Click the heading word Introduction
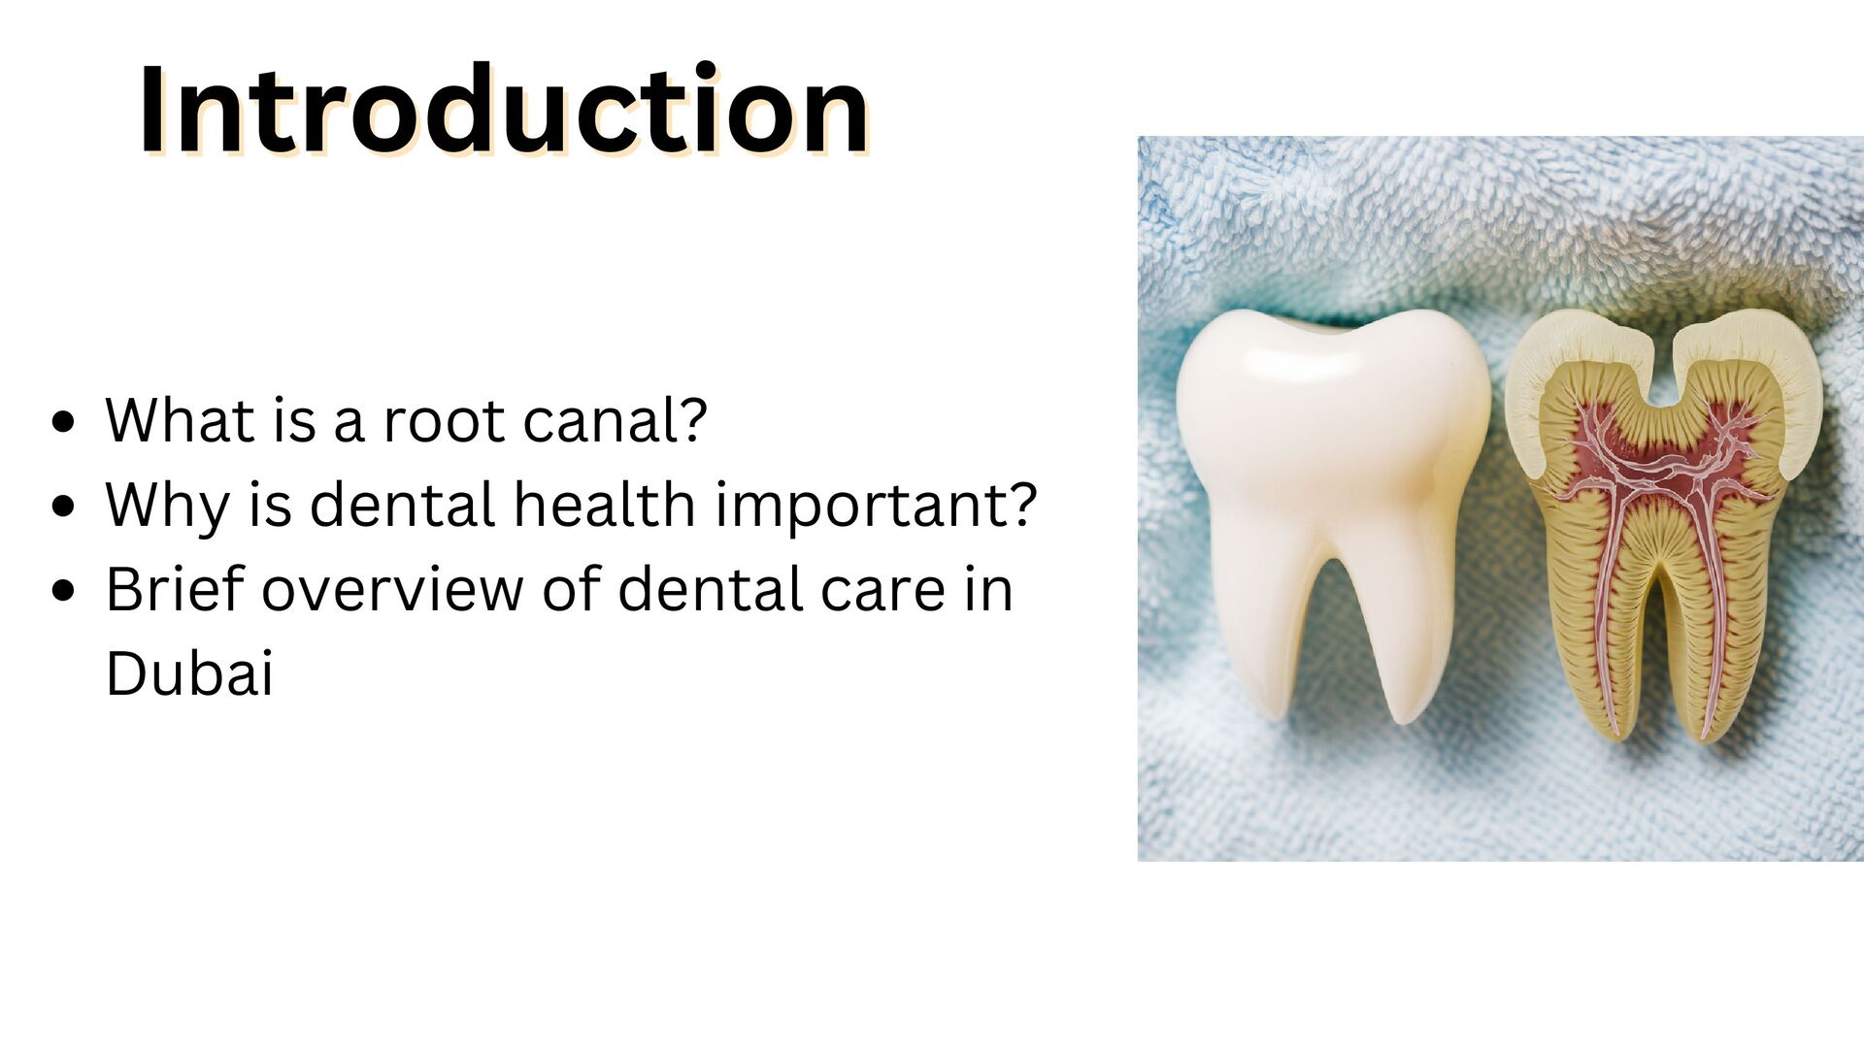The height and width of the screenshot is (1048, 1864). point(503,110)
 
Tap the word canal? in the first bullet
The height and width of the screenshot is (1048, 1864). point(615,421)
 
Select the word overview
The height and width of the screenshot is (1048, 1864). point(392,590)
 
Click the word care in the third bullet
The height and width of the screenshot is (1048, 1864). point(882,590)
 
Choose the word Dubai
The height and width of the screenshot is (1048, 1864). point(189,673)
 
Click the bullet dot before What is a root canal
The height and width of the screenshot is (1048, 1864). point(64,423)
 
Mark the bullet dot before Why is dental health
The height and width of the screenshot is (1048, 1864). point(64,507)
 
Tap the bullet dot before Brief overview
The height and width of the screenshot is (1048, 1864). point(64,591)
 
